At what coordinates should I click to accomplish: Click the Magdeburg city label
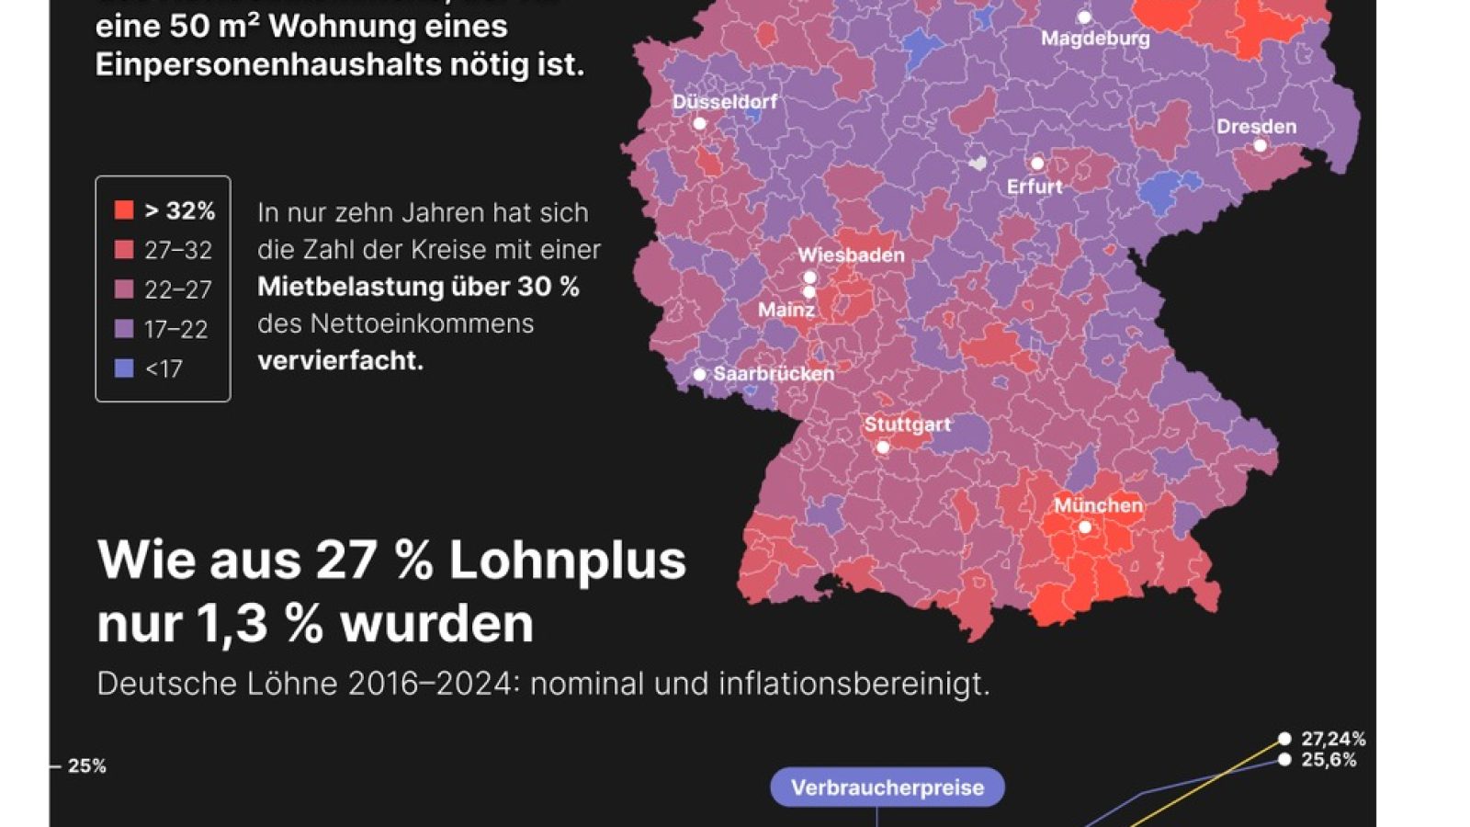[x=1095, y=39]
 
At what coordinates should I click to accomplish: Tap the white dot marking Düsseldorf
[x=699, y=123]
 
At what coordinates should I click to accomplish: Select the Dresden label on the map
[x=1256, y=127]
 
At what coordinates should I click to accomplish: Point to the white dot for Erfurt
[x=1037, y=164]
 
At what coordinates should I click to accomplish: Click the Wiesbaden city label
[x=851, y=255]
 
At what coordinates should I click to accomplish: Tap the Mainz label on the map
[x=786, y=310]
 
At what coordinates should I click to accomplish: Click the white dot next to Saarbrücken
[x=699, y=374]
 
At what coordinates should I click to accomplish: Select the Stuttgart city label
[x=907, y=425]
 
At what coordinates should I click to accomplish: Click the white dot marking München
[x=1085, y=527]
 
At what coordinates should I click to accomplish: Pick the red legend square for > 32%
[x=124, y=210]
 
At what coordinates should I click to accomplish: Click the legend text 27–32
[x=178, y=250]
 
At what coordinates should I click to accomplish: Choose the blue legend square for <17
[x=124, y=368]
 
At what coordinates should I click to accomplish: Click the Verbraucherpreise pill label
[x=887, y=787]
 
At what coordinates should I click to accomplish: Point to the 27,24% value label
[x=1333, y=739]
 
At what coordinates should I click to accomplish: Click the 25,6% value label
[x=1329, y=760]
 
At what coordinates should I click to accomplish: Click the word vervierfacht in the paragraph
[x=340, y=360]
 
